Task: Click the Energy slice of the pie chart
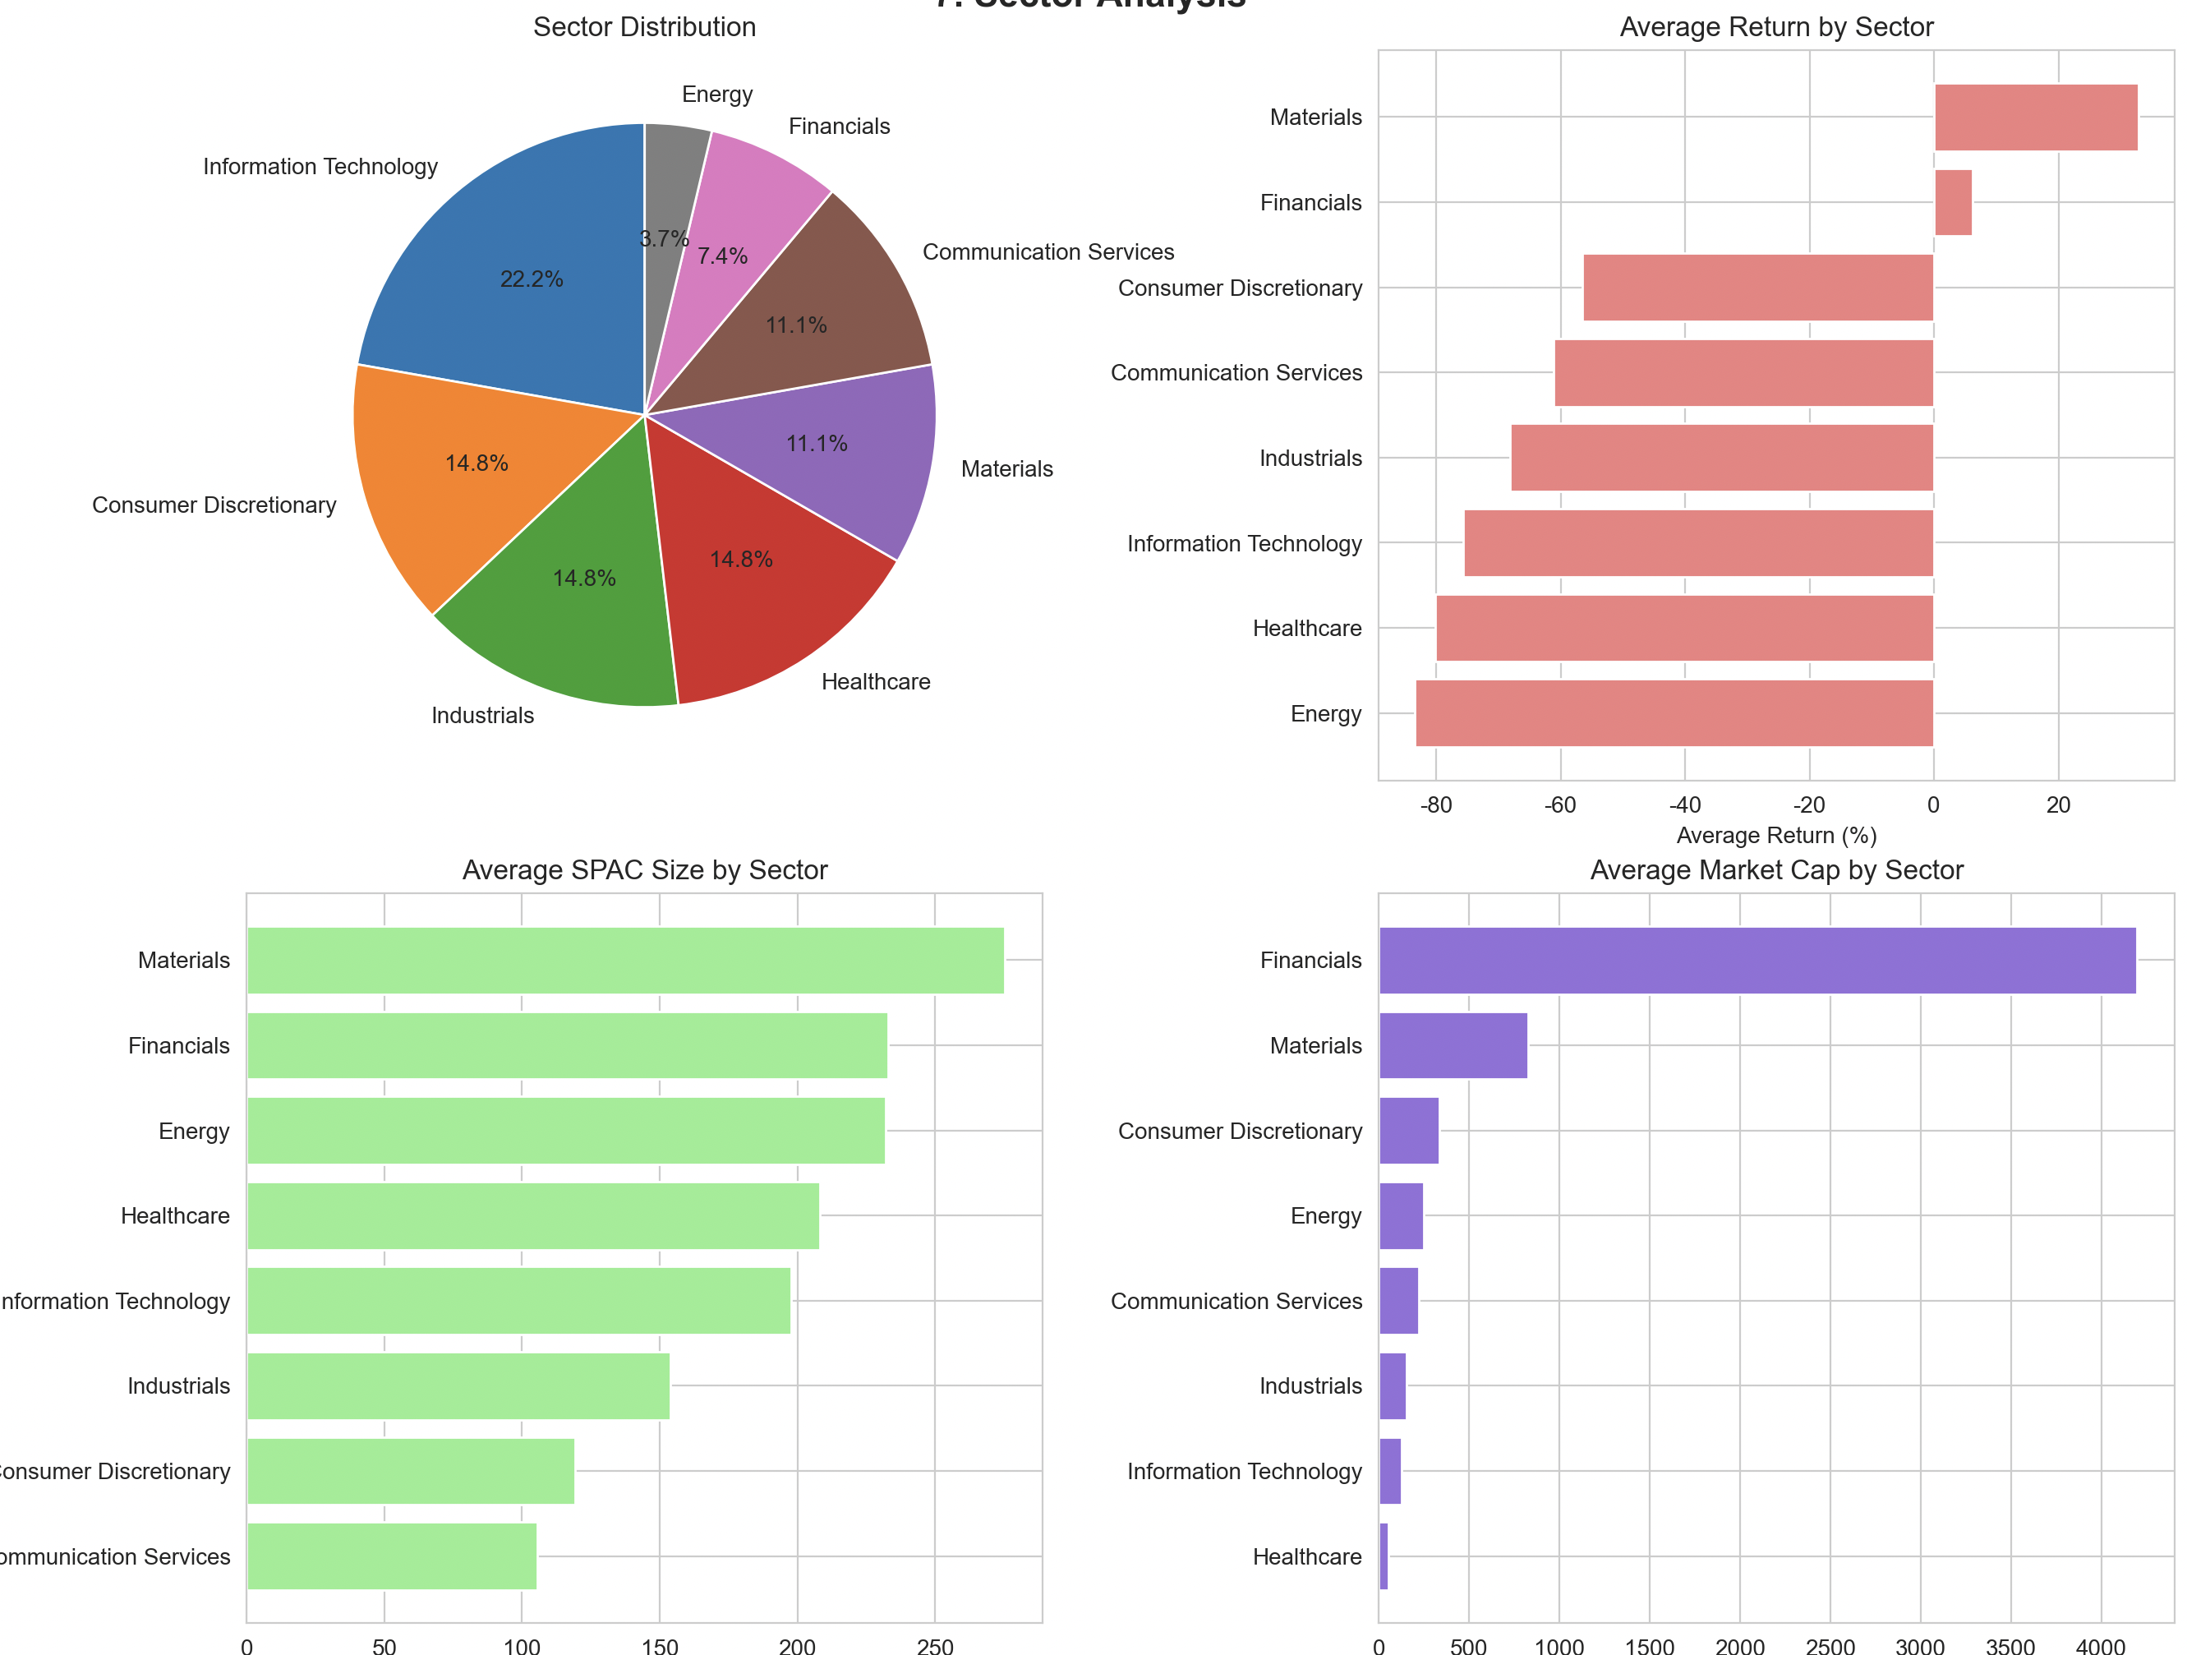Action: coord(672,178)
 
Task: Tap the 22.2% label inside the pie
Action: coord(531,279)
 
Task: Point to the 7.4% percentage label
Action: coord(722,257)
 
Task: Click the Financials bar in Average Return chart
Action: coord(1953,203)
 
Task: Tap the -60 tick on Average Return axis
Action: coord(1560,804)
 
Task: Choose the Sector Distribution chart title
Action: coord(645,26)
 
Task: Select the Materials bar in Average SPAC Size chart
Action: coord(625,960)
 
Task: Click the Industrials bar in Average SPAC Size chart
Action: coord(458,1386)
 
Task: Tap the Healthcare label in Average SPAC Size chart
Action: coord(175,1216)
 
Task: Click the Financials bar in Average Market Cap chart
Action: coord(1757,960)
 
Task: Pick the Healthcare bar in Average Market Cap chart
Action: coord(1384,1556)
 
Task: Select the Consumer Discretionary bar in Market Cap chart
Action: coord(1408,1131)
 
